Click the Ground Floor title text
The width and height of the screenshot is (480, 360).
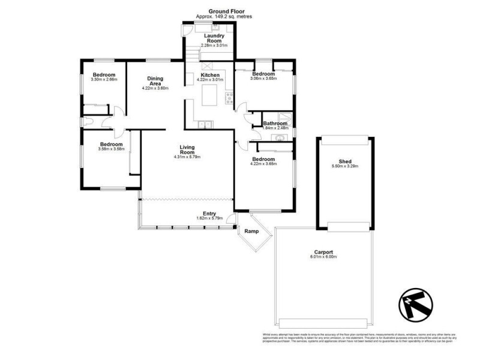click(223, 11)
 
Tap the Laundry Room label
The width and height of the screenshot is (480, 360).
click(214, 38)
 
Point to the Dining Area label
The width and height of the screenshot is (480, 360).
click(155, 81)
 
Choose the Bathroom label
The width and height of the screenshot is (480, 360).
click(276, 124)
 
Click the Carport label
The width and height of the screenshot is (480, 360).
click(323, 252)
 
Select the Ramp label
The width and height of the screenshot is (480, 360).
click(251, 230)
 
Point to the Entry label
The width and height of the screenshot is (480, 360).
click(209, 214)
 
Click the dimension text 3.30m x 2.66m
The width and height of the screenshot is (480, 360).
click(104, 79)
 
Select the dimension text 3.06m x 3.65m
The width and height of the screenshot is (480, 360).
click(263, 79)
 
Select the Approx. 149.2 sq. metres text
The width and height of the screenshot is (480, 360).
click(223, 17)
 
